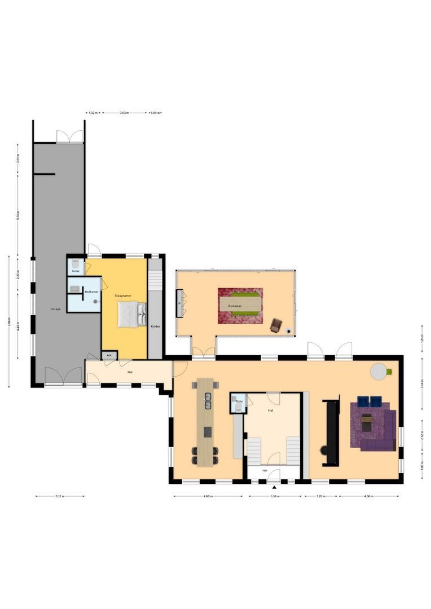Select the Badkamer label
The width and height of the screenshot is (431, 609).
point(91,292)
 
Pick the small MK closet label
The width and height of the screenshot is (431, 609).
point(109,355)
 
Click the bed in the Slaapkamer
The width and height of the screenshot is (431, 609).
point(131,314)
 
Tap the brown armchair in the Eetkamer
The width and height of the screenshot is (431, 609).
point(276,325)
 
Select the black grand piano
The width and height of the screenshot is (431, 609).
point(329,433)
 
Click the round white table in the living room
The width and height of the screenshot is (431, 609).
point(379,370)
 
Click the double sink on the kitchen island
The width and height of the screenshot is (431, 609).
point(207,400)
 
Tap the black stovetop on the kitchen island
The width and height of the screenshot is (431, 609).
point(207,432)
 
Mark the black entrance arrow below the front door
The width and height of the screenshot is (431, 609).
point(274,487)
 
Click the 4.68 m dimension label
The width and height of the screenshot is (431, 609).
point(208,496)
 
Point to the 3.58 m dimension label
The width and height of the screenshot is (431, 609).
point(275,496)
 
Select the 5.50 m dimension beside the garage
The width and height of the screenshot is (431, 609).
point(17,216)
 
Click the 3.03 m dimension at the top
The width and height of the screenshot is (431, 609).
point(124,113)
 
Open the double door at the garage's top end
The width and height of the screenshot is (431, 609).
point(70,136)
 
